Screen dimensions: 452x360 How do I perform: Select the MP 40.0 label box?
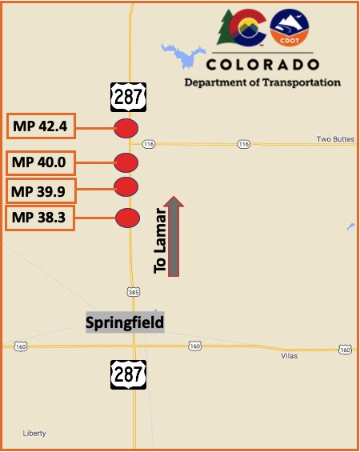click(41, 163)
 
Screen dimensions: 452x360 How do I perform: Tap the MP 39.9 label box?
click(41, 190)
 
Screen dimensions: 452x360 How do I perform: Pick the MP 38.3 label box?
click(41, 217)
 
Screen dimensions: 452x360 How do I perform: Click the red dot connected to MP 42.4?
click(126, 127)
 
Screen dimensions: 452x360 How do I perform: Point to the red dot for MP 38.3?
click(128, 218)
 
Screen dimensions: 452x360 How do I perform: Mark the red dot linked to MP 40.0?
click(126, 162)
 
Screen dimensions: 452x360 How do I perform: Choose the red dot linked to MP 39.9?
click(126, 186)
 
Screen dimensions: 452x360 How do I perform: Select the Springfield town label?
click(125, 323)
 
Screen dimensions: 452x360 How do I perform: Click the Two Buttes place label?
click(335, 139)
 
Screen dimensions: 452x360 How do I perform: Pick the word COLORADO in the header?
click(262, 65)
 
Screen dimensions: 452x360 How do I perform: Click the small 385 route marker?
click(133, 291)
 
